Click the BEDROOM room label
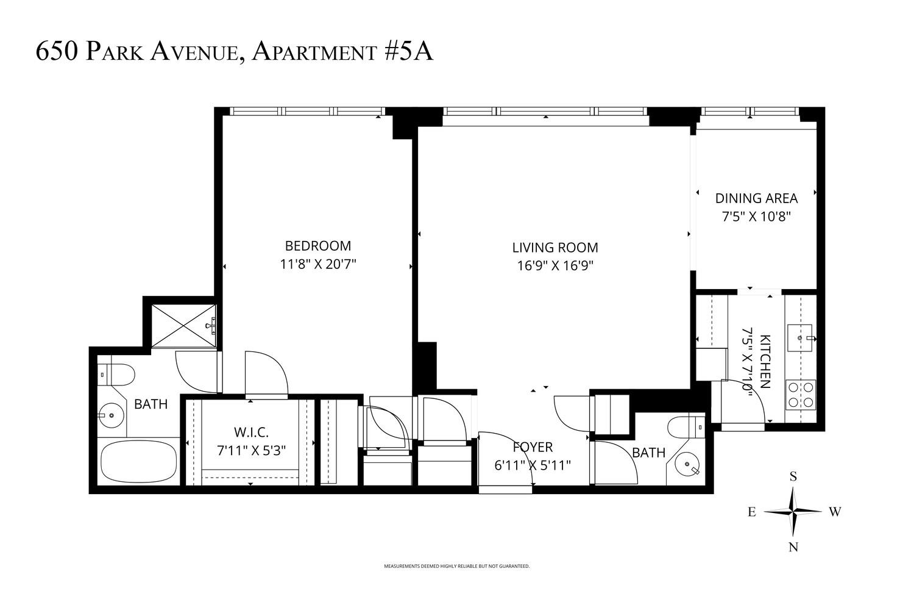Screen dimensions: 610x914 [318, 246]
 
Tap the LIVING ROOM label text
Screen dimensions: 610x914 [555, 248]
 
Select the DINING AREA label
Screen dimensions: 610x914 [756, 198]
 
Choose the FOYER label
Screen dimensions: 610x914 [533, 447]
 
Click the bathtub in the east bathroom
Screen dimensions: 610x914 [139, 462]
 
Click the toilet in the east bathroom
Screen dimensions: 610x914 [116, 375]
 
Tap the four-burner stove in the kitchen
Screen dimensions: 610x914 [800, 394]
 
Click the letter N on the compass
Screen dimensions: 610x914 [793, 547]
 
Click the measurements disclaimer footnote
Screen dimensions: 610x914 [456, 566]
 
